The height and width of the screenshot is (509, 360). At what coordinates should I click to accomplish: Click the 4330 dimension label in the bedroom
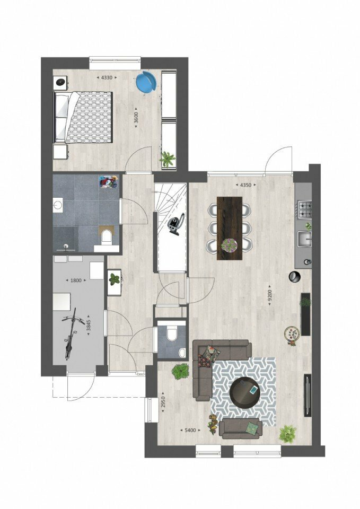pos(107,77)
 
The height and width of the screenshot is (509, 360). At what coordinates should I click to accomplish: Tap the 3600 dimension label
pos(136,117)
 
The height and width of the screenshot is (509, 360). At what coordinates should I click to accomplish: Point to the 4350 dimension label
pos(245,185)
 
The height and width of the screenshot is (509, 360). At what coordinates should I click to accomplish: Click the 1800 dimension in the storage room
pos(76,280)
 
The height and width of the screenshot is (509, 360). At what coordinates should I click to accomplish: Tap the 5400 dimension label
pos(190,430)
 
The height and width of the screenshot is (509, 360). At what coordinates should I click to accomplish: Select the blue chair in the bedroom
pos(146,83)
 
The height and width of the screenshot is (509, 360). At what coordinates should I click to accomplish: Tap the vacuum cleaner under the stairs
pos(176,223)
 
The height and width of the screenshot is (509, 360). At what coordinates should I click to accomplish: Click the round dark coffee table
pos(245,392)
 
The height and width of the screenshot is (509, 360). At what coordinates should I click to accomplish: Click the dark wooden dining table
pos(230,228)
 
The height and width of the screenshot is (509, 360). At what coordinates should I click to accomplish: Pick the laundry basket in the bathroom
pos(108,182)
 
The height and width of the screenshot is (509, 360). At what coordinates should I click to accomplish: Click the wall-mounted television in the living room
pos(307,396)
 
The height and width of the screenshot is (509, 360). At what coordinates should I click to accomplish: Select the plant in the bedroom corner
pos(168,159)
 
